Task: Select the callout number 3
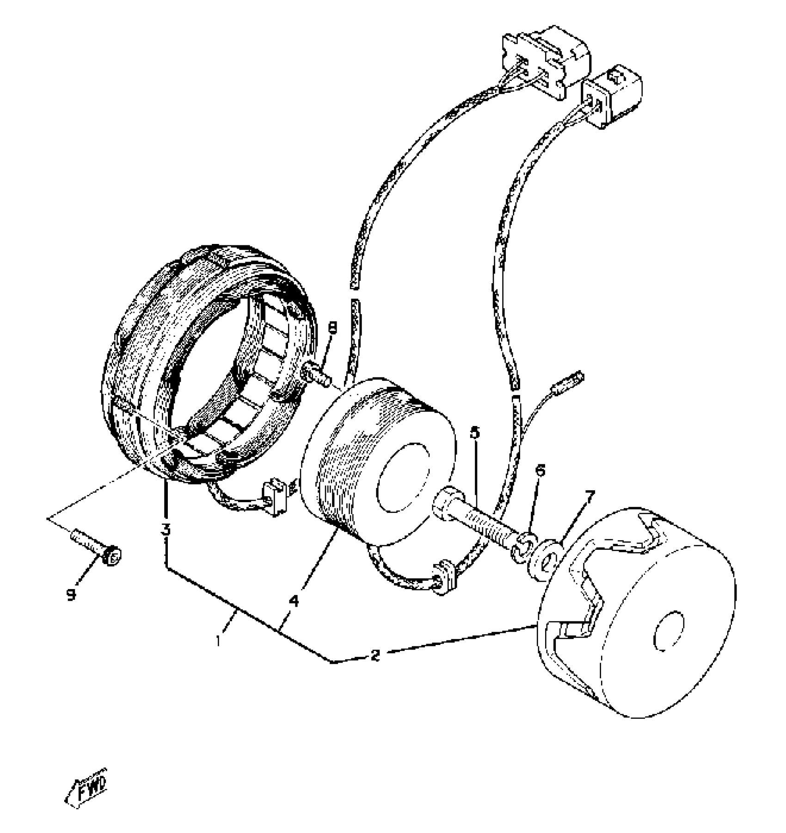(166, 530)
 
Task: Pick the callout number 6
(540, 470)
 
